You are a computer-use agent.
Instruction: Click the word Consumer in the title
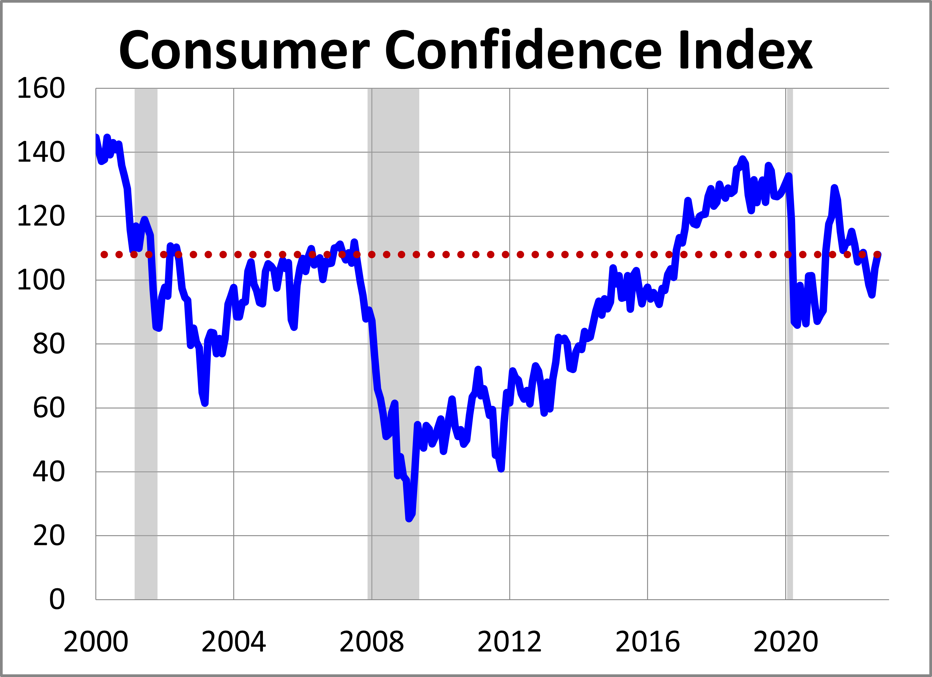coord(244,50)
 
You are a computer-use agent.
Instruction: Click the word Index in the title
coord(745,50)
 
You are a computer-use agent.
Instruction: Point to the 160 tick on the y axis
coord(41,88)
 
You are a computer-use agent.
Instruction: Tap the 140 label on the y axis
coord(41,152)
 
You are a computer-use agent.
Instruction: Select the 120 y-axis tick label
coord(41,216)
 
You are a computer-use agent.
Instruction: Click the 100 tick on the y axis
coord(41,280)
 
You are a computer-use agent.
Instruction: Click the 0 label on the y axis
coord(57,600)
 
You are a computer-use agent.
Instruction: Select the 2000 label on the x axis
coord(96,642)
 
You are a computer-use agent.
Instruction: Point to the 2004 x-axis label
coord(234,642)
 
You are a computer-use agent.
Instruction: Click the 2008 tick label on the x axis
coord(371,642)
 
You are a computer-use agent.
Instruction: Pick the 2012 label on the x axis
coord(510,642)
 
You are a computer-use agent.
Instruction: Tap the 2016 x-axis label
coord(648,642)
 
